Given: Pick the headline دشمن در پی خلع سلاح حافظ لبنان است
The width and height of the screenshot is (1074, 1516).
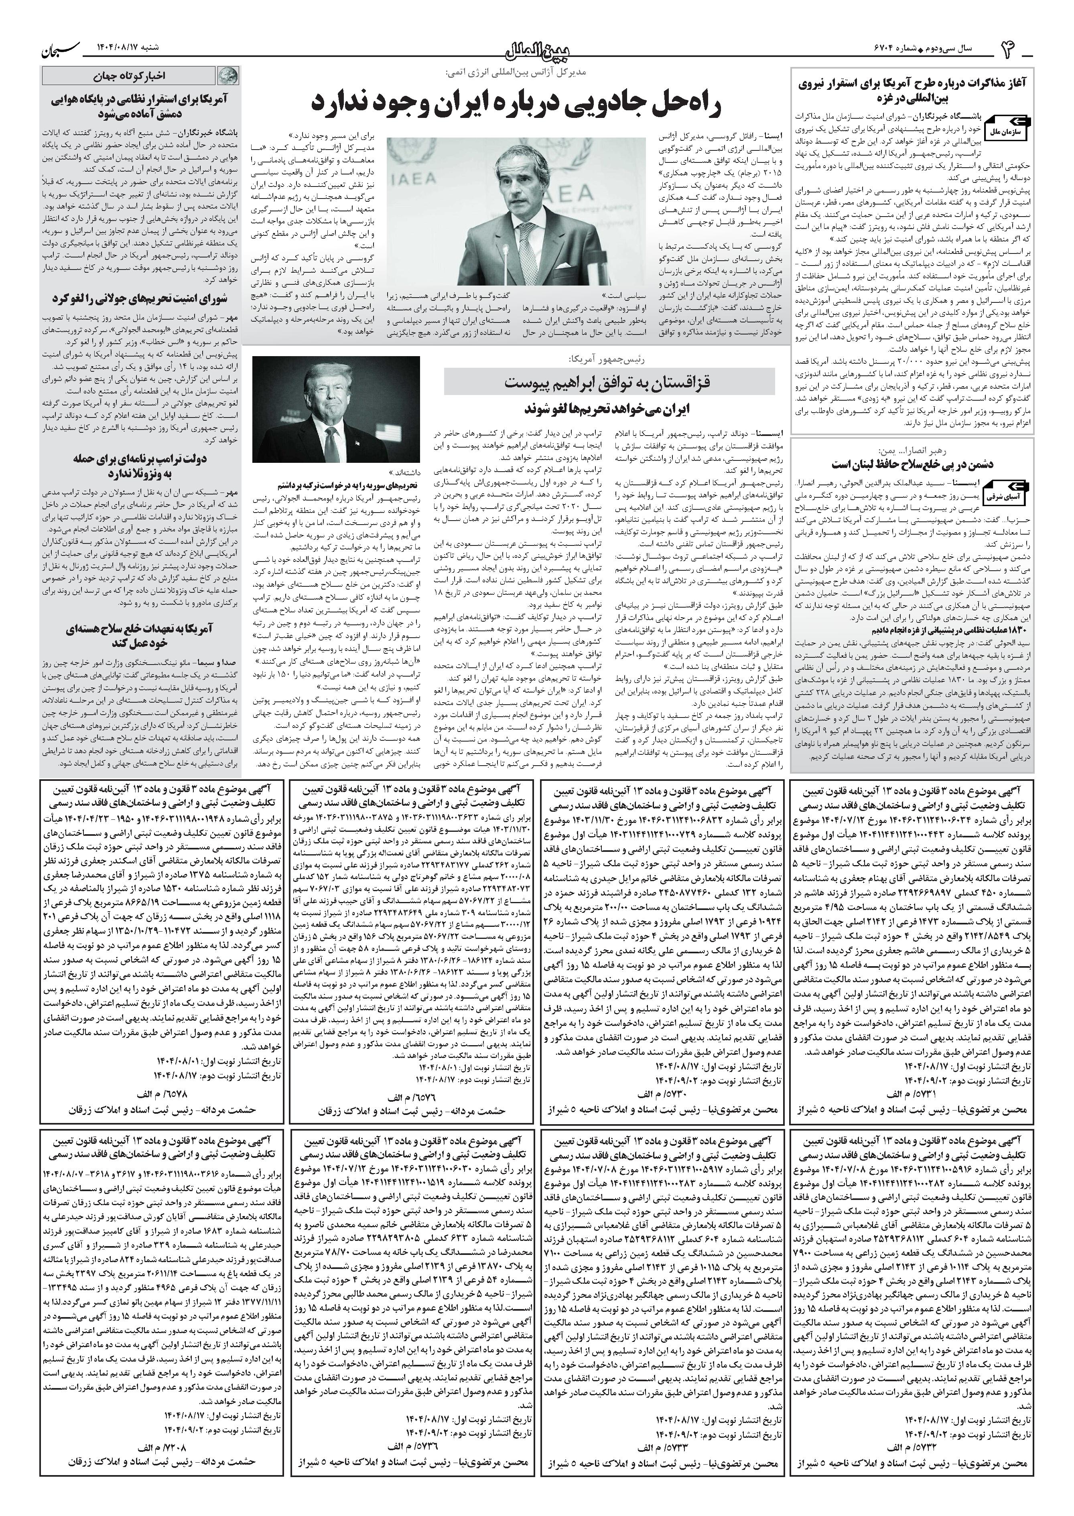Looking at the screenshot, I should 911,464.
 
